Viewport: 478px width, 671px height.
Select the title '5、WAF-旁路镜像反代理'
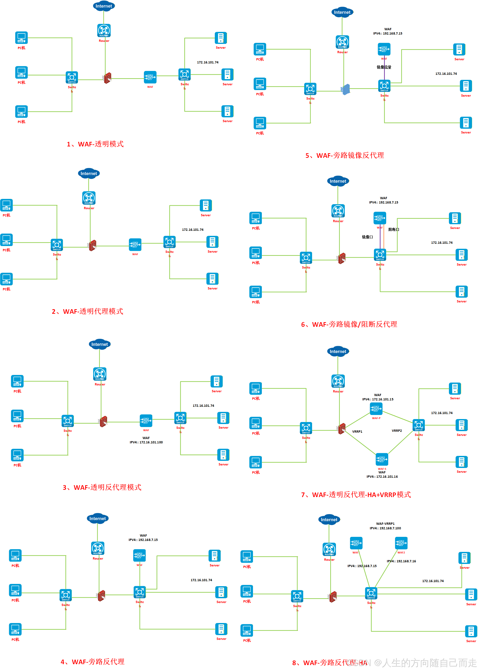pos(344,156)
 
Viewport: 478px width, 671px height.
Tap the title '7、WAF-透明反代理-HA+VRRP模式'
pos(355,495)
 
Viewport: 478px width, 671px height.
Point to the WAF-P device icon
pos(376,408)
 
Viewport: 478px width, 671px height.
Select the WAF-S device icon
pos(382,459)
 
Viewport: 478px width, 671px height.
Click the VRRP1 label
pos(357,432)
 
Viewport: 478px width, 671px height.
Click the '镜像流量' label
pos(384,67)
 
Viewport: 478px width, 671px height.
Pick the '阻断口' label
pos(393,230)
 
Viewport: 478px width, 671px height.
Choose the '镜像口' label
pos(367,237)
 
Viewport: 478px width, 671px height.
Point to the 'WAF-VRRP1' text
pos(385,524)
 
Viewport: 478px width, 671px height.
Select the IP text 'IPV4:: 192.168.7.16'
pos(401,561)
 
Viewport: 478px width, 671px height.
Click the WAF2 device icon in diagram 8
pos(401,543)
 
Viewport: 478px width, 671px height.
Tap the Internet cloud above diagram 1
pos(104,6)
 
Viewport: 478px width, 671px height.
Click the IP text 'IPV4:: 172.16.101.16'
pos(382,477)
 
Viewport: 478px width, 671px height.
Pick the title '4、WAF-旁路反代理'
pos(93,662)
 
